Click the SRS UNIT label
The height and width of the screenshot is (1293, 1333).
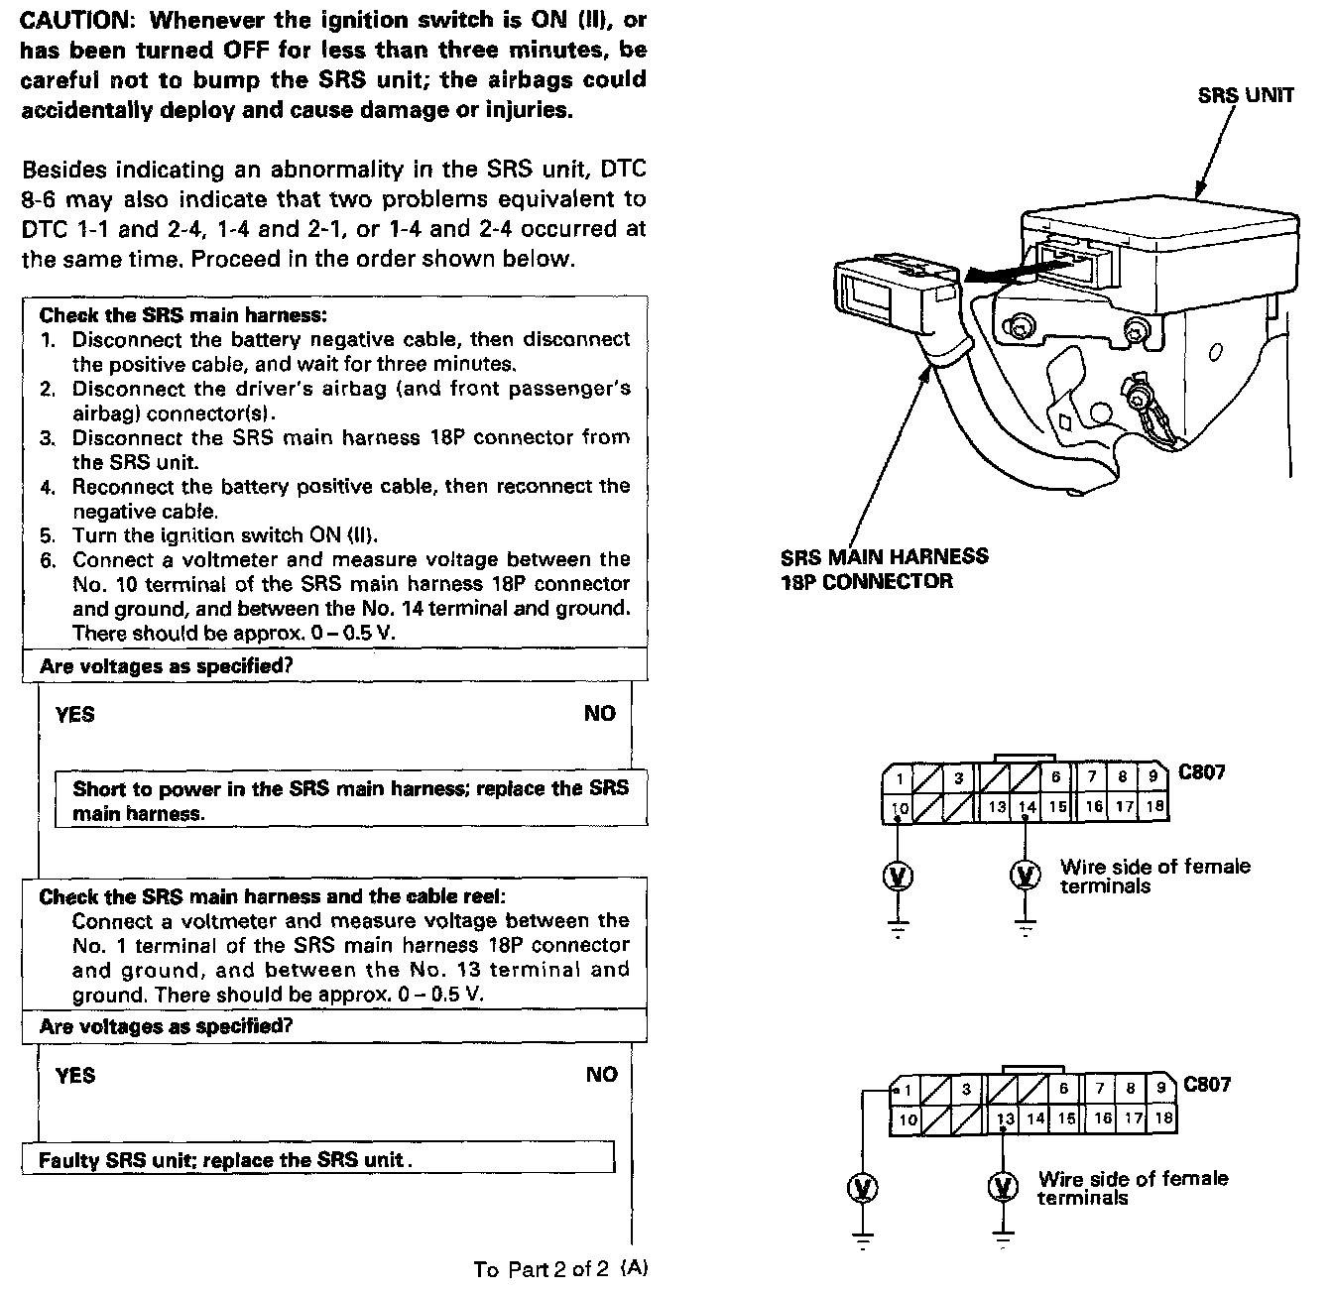[x=1245, y=95]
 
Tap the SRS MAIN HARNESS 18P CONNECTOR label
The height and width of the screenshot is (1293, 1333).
[x=884, y=569]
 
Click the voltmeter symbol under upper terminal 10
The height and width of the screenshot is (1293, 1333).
[x=899, y=876]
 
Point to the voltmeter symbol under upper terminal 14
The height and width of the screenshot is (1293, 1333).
[x=1026, y=876]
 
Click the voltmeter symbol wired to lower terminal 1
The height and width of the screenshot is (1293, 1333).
[x=864, y=1187]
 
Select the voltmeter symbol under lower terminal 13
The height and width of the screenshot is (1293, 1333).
[x=1004, y=1187]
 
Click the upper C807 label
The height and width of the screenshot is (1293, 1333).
[x=1201, y=771]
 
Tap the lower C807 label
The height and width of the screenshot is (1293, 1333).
[x=1206, y=1084]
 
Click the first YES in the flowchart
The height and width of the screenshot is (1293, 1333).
[x=75, y=714]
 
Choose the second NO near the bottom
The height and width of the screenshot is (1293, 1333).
[x=601, y=1075]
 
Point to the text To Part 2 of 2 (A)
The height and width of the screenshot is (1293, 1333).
[x=560, y=1269]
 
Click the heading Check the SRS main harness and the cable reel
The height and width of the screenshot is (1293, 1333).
[x=272, y=896]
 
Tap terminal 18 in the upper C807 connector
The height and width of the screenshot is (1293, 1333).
[x=1154, y=807]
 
